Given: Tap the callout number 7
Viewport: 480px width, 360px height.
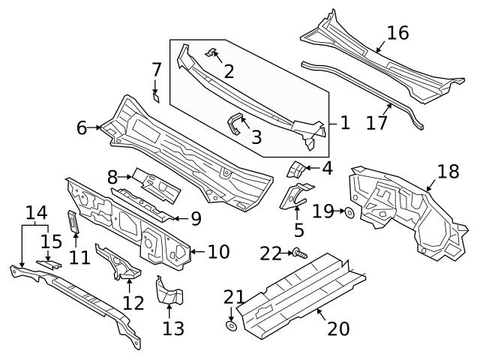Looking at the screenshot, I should pyautogui.click(x=156, y=70).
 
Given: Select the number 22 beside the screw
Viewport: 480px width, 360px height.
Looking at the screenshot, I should pyautogui.click(x=271, y=253).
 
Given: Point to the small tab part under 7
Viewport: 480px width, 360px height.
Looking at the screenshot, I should pyautogui.click(x=156, y=96).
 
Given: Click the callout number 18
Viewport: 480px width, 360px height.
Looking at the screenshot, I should pyautogui.click(x=448, y=172).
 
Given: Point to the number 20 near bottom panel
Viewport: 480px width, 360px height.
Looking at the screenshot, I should pyautogui.click(x=338, y=328).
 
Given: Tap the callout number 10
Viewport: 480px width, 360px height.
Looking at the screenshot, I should pyautogui.click(x=218, y=251).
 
